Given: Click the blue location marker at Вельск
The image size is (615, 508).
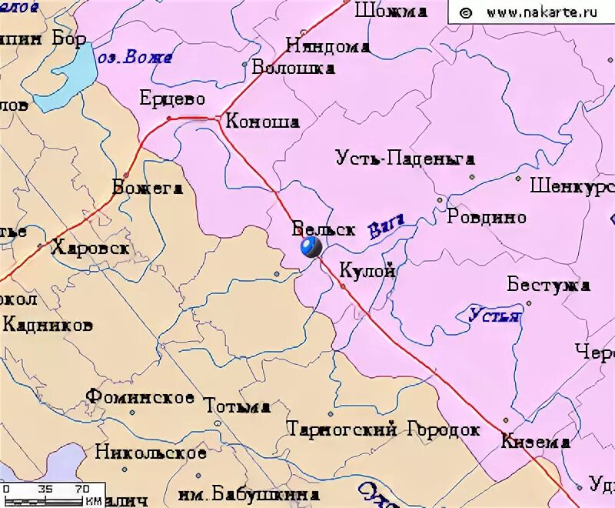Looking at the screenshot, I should click(x=311, y=247).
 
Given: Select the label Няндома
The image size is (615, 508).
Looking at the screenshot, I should click(x=327, y=46).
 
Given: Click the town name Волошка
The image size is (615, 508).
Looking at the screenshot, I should click(x=294, y=68).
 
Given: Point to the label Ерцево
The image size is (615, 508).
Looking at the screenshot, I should click(x=172, y=99).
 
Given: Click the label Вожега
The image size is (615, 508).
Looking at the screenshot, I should click(x=147, y=188).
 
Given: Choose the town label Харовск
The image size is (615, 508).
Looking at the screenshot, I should click(x=90, y=248).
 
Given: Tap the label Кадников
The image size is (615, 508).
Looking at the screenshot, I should click(x=48, y=325).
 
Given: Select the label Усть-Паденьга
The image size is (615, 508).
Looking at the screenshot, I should click(x=405, y=159).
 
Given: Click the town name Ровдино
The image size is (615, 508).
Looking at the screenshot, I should click(x=487, y=217).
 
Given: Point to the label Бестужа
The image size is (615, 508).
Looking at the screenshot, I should click(x=548, y=285).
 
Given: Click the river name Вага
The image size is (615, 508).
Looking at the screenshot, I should click(x=387, y=229).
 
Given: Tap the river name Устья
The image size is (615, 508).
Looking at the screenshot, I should click(x=494, y=315).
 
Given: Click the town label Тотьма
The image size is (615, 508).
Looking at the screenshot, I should click(x=237, y=406).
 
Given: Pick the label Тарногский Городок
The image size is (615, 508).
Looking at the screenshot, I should click(x=382, y=429).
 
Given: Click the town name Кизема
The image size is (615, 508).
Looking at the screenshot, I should click(x=535, y=442).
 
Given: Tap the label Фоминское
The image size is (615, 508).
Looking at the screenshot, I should click(x=139, y=397).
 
